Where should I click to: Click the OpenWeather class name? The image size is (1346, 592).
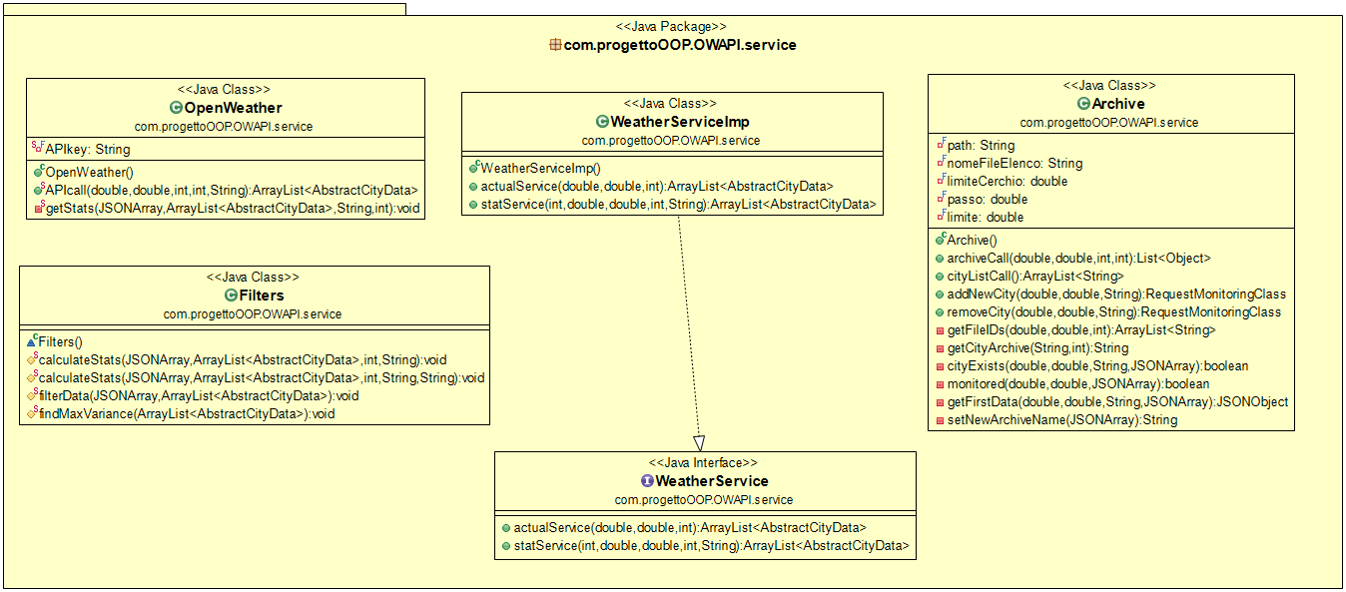(233, 108)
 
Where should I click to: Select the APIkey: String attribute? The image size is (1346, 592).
(87, 150)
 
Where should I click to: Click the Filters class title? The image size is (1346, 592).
(261, 296)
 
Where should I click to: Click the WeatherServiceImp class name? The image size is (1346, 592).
(679, 122)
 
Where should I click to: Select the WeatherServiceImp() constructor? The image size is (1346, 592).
(540, 168)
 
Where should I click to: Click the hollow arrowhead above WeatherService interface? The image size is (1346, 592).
(699, 442)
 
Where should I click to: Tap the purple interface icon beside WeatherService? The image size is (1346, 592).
(647, 481)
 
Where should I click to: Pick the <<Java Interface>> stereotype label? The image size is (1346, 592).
(704, 463)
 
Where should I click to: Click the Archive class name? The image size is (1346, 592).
(1117, 104)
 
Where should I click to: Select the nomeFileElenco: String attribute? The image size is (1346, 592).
(1014, 163)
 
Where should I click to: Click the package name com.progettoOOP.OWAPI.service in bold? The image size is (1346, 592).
(680, 45)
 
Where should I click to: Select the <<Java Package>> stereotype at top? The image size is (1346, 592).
(672, 26)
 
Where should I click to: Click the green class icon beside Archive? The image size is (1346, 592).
(1083, 104)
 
